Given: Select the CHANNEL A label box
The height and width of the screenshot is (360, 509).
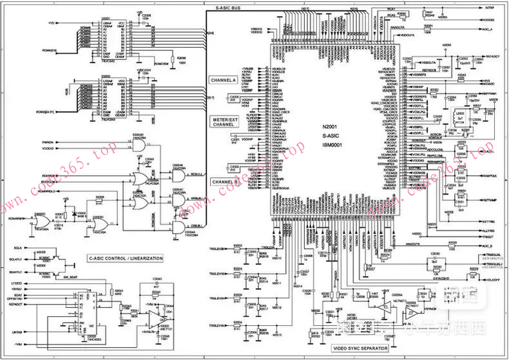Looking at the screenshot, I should coord(224,81).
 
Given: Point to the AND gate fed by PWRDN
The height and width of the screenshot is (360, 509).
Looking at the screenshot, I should coord(139,146).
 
